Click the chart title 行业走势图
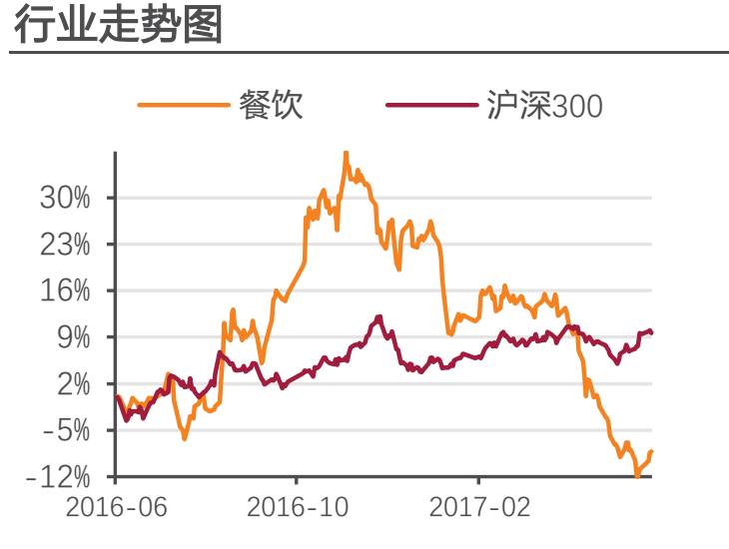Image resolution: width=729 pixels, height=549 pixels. (118, 26)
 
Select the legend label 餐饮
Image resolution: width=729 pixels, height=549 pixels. (271, 105)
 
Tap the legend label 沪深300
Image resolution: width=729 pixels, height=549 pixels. (544, 105)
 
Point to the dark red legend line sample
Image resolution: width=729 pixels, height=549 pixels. (431, 104)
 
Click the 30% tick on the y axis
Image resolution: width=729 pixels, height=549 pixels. (65, 198)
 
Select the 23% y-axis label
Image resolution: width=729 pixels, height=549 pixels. (65, 245)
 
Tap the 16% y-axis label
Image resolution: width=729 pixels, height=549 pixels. (65, 291)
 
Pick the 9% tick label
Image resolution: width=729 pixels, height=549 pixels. (73, 337)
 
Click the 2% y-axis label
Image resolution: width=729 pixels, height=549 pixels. (73, 384)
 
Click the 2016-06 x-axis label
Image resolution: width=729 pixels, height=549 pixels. (116, 507)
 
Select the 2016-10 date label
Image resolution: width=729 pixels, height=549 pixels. (297, 507)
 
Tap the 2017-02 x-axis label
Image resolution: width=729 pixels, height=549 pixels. (480, 507)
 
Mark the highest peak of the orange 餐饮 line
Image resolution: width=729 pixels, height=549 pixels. (346, 153)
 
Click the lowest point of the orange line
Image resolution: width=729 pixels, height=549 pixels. (637, 476)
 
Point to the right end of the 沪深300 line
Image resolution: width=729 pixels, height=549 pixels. (652, 332)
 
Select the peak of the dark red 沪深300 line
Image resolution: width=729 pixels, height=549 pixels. (379, 316)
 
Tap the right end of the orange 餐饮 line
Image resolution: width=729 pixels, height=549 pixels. (652, 451)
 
